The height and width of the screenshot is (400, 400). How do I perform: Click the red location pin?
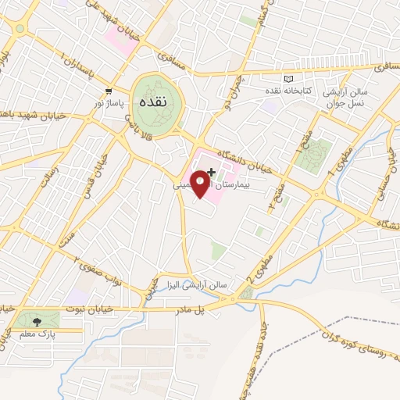[200, 182]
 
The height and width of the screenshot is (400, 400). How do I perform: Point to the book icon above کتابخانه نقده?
[289, 80]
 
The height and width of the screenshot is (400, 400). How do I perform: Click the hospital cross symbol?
[212, 171]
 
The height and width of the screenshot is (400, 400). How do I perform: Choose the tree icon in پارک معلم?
[37, 320]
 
